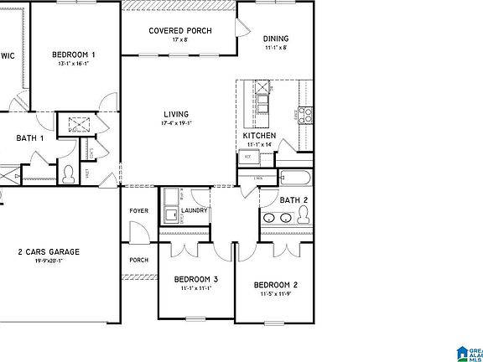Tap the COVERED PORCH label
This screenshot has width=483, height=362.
(179, 31)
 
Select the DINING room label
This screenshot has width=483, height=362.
(275, 39)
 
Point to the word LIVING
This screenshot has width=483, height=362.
(176, 114)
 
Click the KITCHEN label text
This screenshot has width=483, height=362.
(259, 135)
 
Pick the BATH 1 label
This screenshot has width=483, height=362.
(30, 138)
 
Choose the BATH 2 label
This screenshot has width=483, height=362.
(293, 200)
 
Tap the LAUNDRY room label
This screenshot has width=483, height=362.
(194, 210)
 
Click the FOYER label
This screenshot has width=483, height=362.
(138, 210)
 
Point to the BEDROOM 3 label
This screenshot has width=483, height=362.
(196, 279)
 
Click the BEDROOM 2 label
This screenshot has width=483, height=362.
(277, 285)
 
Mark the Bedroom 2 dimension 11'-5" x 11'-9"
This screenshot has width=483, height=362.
(277, 294)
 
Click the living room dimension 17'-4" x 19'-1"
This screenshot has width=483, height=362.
(176, 123)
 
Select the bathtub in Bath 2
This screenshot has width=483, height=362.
(295, 178)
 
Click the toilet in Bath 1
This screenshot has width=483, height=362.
(70, 174)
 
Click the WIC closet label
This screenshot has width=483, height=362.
(8, 55)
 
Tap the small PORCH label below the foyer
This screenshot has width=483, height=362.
(138, 260)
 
